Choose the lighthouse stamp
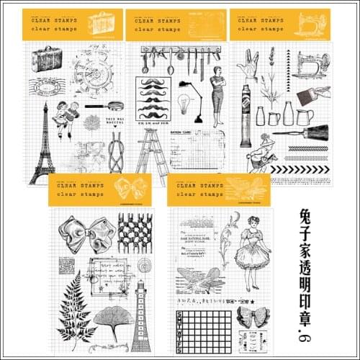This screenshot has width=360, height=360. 141,317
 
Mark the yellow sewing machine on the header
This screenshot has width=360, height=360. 311,23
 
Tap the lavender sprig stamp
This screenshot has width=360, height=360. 271,72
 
